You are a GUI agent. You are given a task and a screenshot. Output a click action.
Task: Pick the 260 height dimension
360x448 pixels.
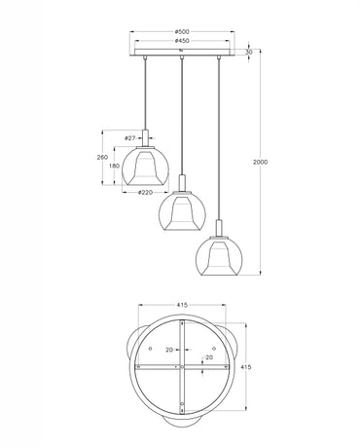[x=102, y=156]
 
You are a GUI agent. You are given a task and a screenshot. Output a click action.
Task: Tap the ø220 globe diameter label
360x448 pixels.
[x=145, y=193]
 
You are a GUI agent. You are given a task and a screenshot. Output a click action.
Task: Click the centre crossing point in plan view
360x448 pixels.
[x=181, y=367]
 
